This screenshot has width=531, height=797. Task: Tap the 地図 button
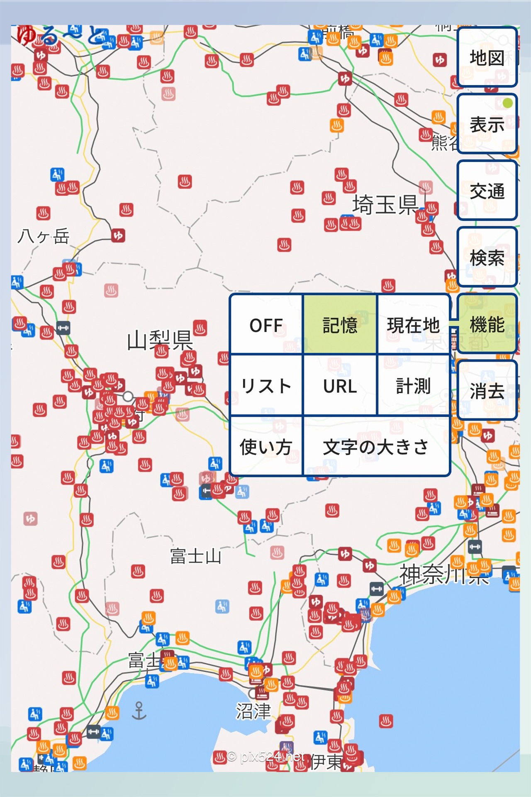487,57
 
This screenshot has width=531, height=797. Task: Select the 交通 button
487,191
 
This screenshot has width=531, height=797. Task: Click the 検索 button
487,258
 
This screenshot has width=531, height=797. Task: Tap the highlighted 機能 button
487,324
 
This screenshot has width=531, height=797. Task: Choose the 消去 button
487,391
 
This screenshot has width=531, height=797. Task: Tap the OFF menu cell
266,325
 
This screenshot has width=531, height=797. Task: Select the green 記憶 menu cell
340,325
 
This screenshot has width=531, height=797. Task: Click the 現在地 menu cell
413,325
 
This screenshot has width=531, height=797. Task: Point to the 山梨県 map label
160,340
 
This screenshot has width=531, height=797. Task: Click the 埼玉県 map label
385,205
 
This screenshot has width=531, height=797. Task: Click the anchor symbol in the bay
139,711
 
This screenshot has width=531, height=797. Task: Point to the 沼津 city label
253,711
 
